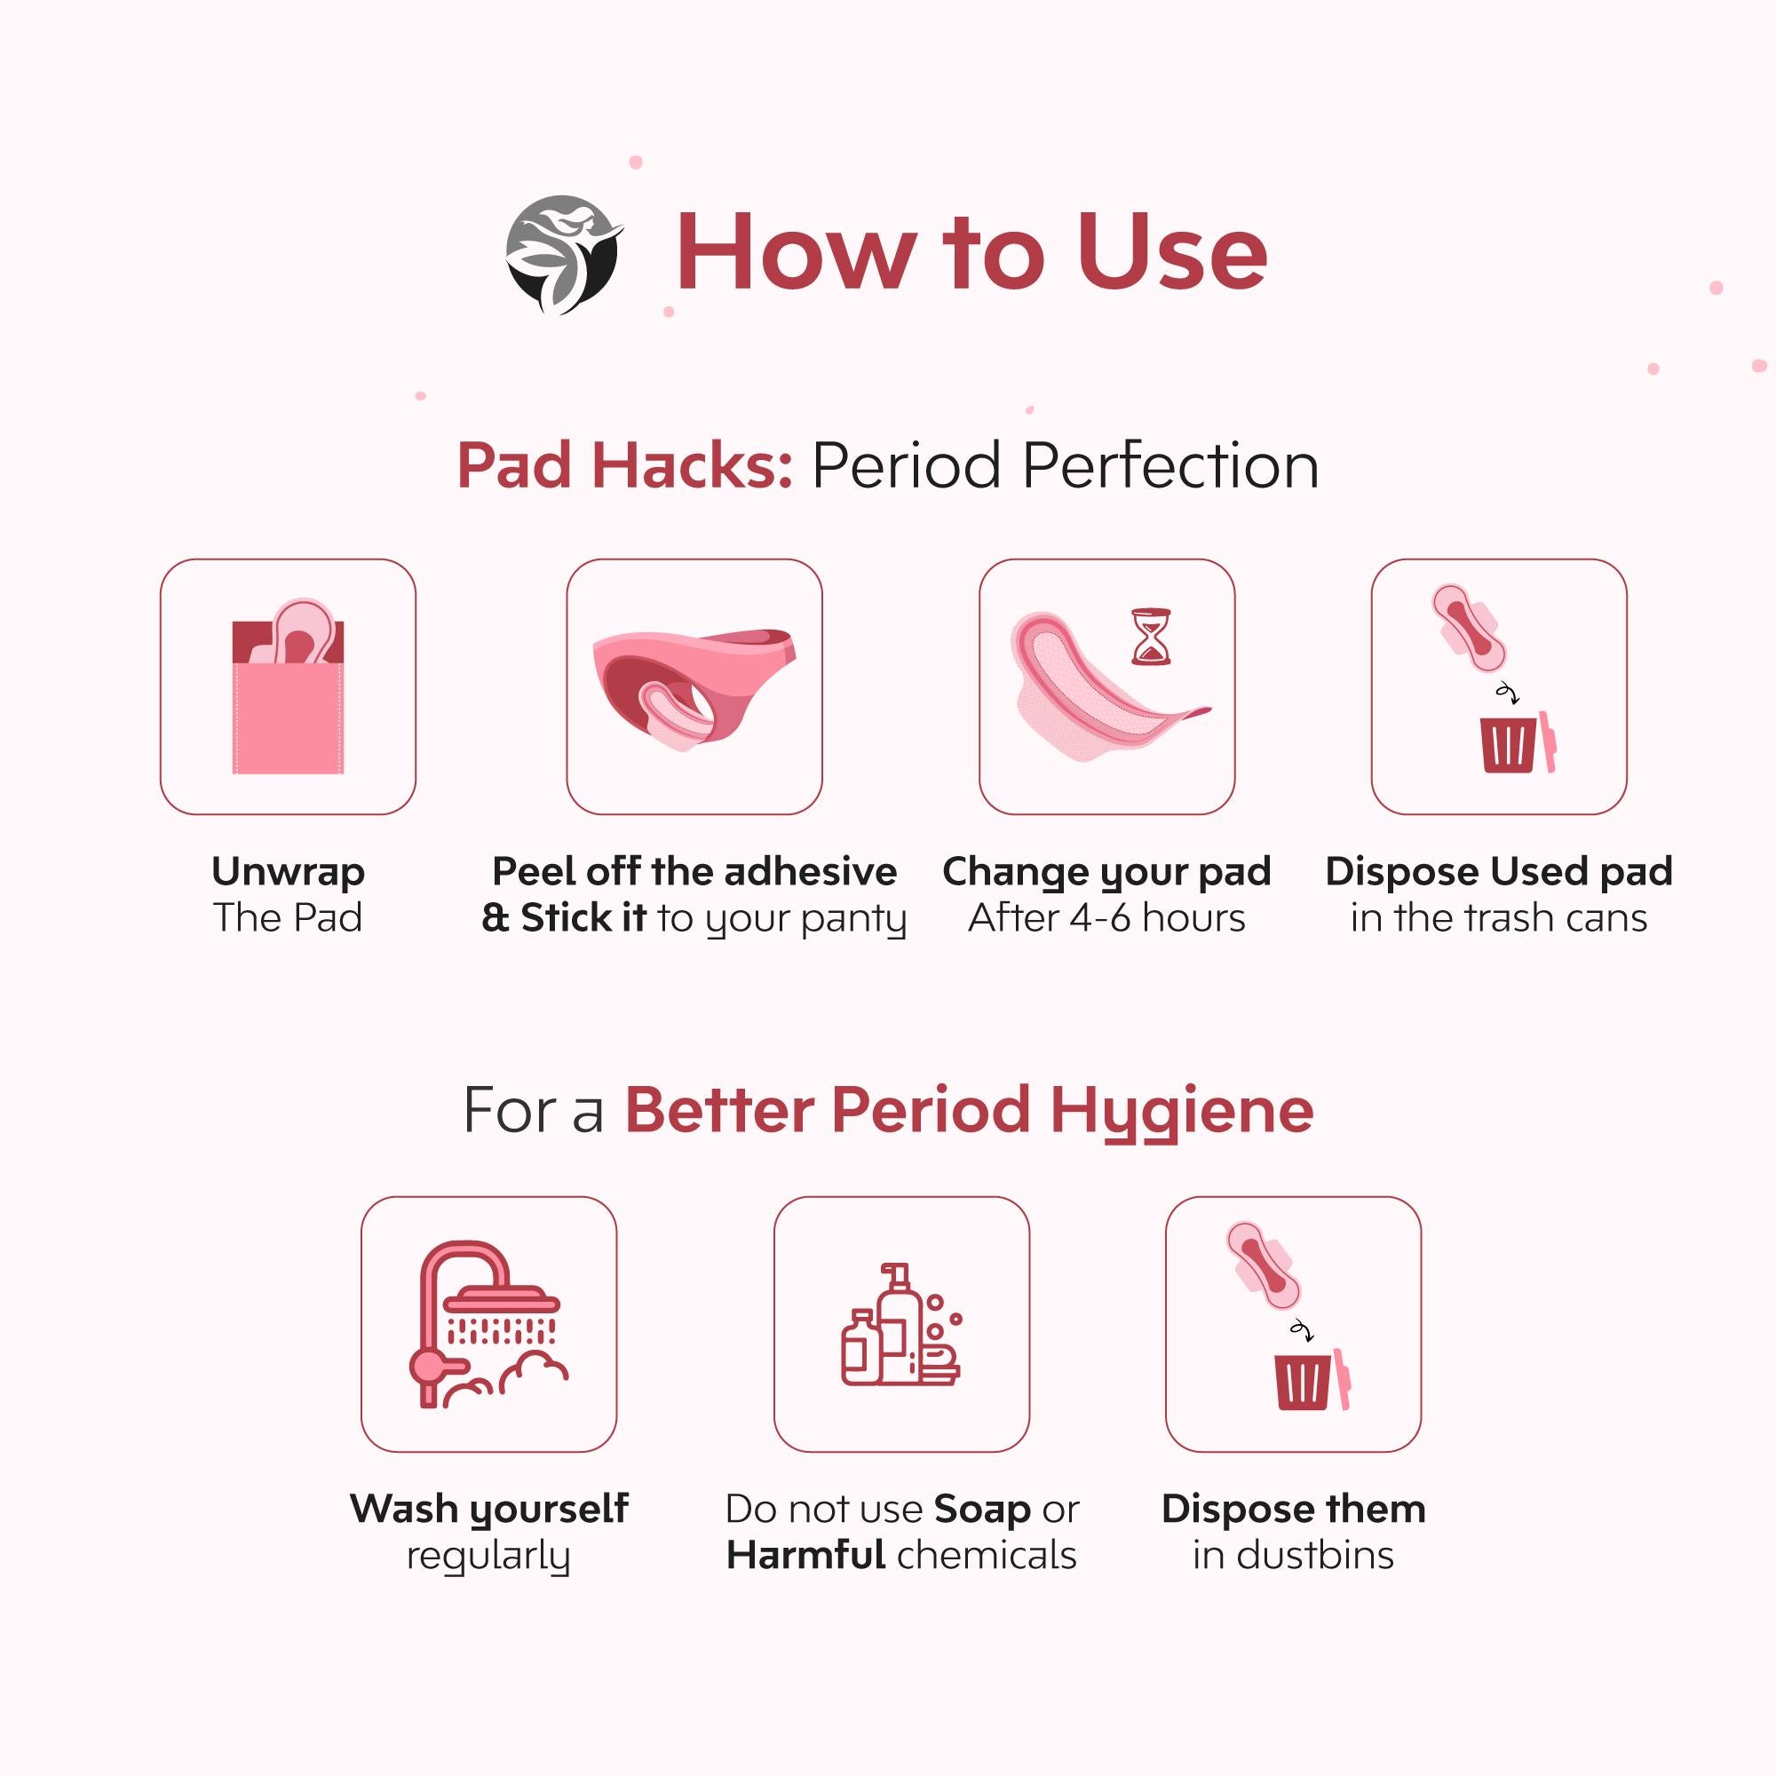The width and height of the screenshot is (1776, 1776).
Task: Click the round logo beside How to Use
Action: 564,254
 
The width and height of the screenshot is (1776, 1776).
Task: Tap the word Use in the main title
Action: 1172,252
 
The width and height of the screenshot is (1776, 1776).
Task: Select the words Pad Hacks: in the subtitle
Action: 624,465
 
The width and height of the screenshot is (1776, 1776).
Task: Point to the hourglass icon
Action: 1151,635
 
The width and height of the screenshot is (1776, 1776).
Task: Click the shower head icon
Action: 501,1305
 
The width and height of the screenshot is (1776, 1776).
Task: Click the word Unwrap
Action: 288,871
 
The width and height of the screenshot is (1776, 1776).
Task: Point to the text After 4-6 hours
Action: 1106,917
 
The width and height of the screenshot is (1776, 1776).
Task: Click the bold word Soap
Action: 982,1510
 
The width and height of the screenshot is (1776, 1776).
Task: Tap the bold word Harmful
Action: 805,1556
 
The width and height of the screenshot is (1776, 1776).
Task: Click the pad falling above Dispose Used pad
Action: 1469,627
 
